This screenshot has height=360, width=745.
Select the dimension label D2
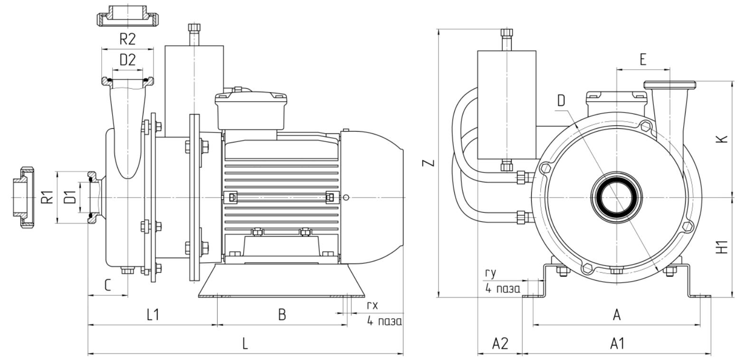[127, 60]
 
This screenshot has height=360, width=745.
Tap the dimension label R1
[46, 197]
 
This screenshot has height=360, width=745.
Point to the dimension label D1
[70, 197]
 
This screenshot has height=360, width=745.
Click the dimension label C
[108, 285]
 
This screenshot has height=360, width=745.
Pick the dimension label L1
[152, 315]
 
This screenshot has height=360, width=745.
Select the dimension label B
[282, 315]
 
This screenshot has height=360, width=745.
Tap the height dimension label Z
[429, 163]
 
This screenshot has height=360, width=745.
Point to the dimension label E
[643, 59]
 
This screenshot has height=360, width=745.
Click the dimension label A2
[500, 344]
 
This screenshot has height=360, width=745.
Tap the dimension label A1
[617, 344]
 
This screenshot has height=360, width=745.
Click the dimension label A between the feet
[617, 315]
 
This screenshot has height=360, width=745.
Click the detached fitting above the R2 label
[128, 17]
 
